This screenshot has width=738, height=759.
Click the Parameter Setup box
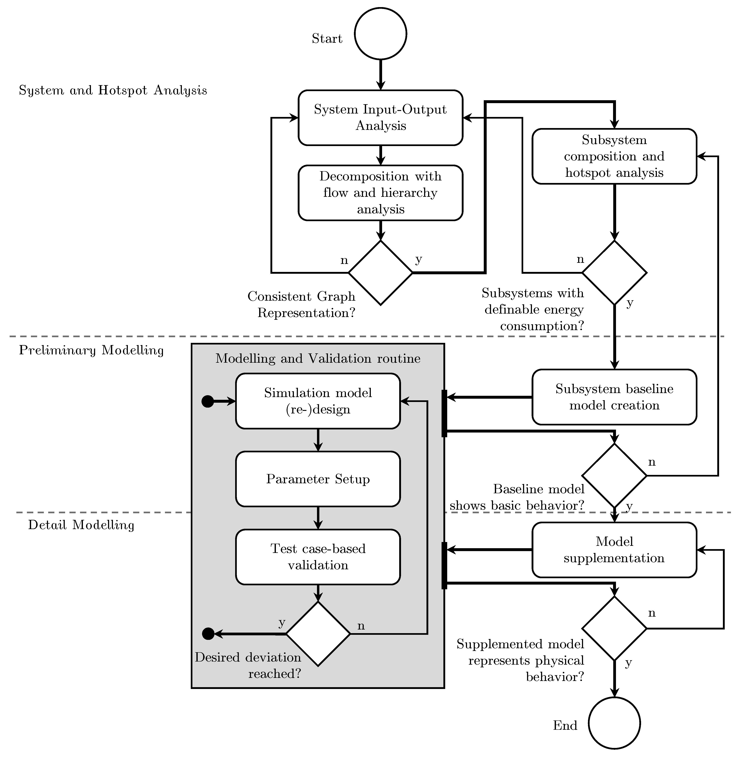click(x=318, y=479)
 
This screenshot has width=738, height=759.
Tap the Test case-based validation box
click(x=318, y=557)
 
